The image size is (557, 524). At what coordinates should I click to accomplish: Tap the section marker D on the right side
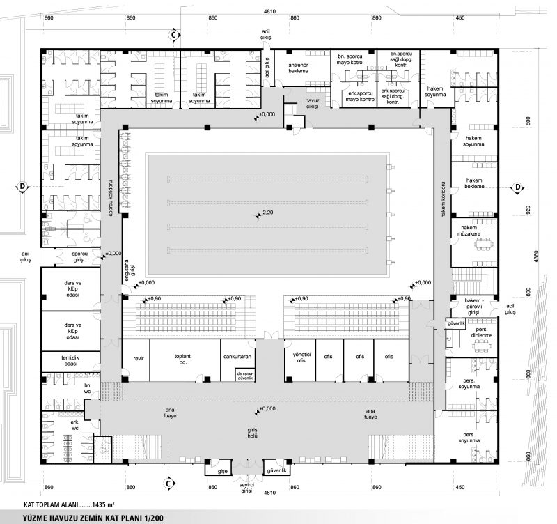click(x=519, y=187)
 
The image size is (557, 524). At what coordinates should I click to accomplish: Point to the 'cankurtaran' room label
click(x=237, y=356)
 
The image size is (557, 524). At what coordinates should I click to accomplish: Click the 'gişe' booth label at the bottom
click(x=223, y=471)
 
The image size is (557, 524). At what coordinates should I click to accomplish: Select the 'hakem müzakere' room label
click(x=474, y=229)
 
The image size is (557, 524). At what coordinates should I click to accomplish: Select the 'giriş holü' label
click(x=258, y=432)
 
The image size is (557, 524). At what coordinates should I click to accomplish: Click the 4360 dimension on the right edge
click(x=536, y=258)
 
